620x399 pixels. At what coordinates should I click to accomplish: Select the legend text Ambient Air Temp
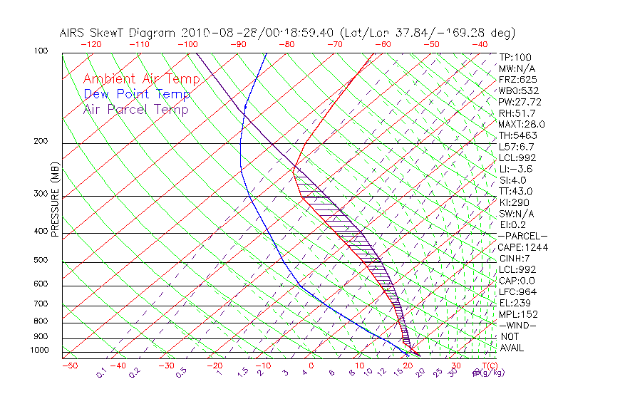point(141,79)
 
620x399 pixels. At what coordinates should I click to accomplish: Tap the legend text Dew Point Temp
point(137,94)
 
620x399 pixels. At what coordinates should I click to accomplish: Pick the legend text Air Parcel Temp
point(136,109)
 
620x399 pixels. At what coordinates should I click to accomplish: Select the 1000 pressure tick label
point(40,350)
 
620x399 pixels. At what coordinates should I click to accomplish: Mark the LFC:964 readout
point(517,292)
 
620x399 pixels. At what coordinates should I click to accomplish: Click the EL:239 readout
point(515,303)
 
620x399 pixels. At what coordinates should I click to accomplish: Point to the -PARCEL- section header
point(522,236)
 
